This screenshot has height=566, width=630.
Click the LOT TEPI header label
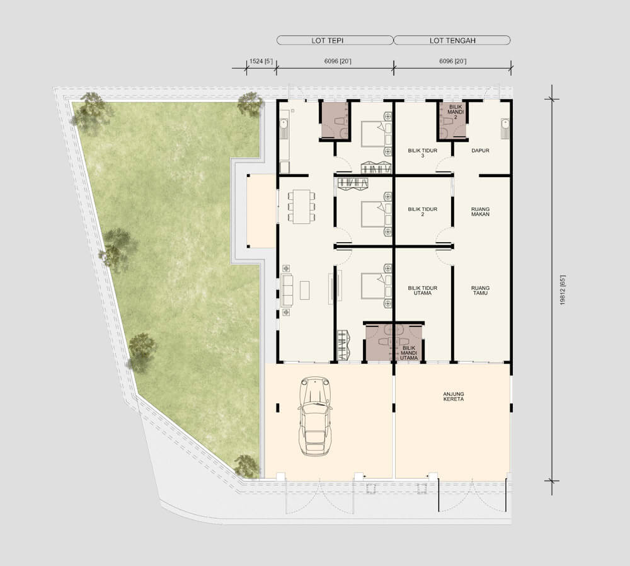328,40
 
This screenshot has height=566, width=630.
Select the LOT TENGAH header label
452,40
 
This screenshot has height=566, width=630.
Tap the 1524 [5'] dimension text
261,61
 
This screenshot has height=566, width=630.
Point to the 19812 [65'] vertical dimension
563,290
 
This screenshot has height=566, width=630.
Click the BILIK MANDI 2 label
455,112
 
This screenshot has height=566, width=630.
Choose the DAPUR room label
480,151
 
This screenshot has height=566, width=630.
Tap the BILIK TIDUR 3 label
422,153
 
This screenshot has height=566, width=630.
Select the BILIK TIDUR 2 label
422,211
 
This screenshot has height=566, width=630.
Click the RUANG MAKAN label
480,211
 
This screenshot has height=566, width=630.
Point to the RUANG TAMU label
480,290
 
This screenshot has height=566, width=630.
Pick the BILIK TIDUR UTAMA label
422,290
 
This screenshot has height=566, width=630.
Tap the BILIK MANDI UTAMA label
409,353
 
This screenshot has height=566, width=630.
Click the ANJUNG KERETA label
453,396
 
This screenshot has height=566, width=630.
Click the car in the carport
316,417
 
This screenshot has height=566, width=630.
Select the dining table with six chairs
301,207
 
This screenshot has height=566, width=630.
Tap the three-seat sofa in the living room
287,290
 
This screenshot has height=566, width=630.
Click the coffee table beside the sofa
305,290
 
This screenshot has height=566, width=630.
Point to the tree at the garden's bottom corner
246,466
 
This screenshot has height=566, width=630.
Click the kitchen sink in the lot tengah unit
505,128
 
